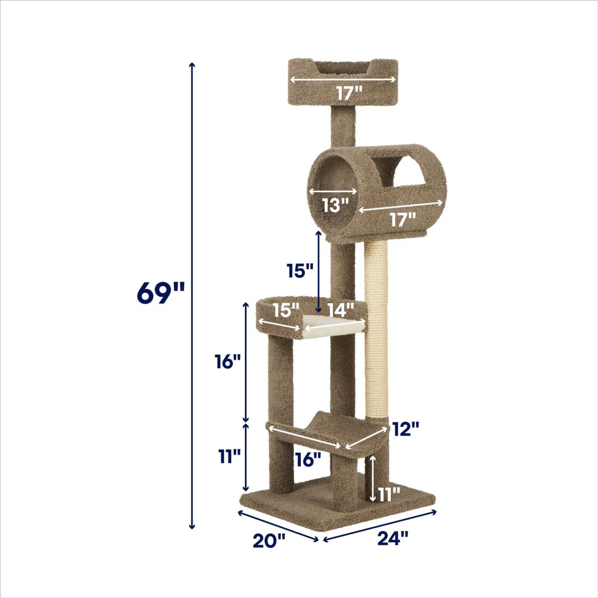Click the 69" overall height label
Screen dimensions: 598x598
click(x=161, y=293)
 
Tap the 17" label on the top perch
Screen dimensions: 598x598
click(x=349, y=93)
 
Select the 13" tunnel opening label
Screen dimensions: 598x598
click(x=335, y=206)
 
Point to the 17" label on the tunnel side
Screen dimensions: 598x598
click(x=402, y=220)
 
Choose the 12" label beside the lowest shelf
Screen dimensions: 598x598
click(x=405, y=429)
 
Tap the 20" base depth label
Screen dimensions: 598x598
click(x=269, y=541)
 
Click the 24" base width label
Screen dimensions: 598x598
click(x=393, y=538)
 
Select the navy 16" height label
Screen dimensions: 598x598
click(x=228, y=362)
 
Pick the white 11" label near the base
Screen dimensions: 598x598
click(x=389, y=495)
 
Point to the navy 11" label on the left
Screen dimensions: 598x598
click(x=229, y=456)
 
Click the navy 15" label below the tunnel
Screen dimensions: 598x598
click(x=300, y=271)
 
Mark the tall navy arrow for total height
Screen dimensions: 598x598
click(x=192, y=295)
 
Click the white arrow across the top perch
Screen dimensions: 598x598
click(x=343, y=80)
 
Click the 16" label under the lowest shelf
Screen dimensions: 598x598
click(x=308, y=460)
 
